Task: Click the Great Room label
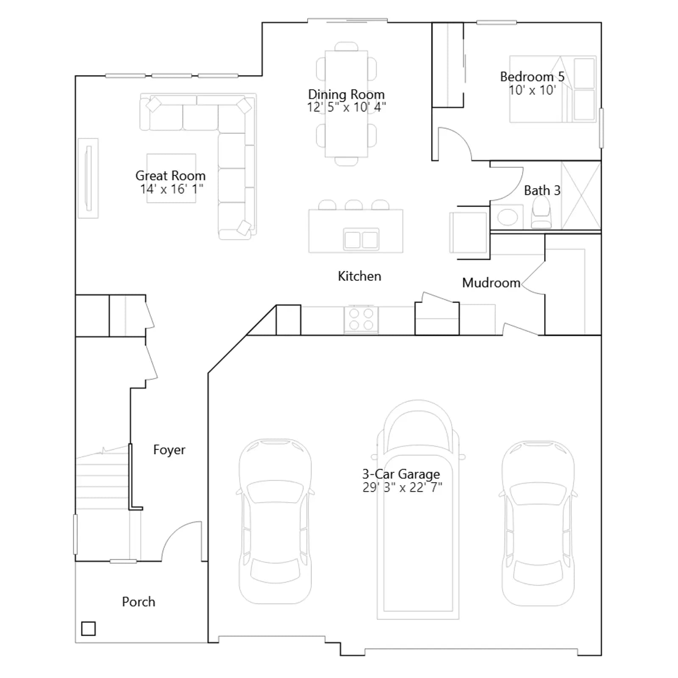click(x=170, y=175)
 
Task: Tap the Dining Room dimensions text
click(x=346, y=107)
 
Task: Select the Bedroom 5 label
click(x=532, y=77)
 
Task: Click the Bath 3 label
click(x=542, y=191)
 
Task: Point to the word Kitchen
click(x=359, y=276)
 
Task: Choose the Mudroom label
click(x=491, y=283)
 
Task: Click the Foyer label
click(x=169, y=450)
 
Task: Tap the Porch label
click(x=139, y=602)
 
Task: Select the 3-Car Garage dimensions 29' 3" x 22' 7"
click(x=402, y=488)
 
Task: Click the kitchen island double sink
click(x=361, y=240)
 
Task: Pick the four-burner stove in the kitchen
click(x=361, y=320)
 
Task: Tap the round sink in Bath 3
click(x=507, y=218)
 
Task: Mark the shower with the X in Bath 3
click(x=581, y=196)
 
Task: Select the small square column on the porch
click(x=88, y=628)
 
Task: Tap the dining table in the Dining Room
click(x=346, y=104)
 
